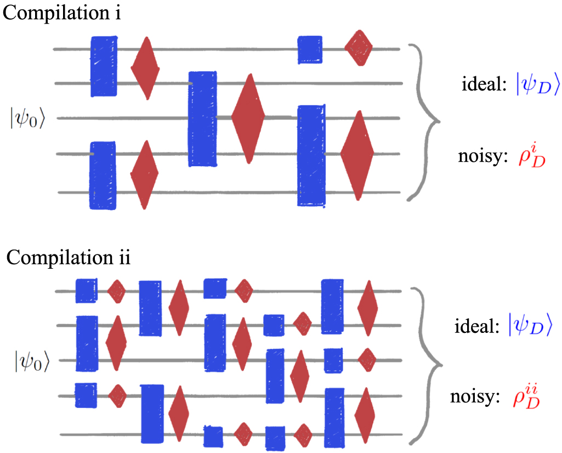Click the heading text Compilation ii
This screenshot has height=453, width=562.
tap(67, 257)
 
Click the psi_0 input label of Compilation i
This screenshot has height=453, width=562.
tap(27, 118)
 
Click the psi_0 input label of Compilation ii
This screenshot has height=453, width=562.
tap(32, 361)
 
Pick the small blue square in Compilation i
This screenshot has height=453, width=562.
tap(309, 49)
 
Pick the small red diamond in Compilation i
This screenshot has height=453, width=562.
tap(359, 48)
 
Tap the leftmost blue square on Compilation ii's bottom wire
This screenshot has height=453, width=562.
tap(213, 436)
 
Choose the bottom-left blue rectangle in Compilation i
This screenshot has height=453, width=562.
tap(103, 175)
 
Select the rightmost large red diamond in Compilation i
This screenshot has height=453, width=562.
tap(357, 155)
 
